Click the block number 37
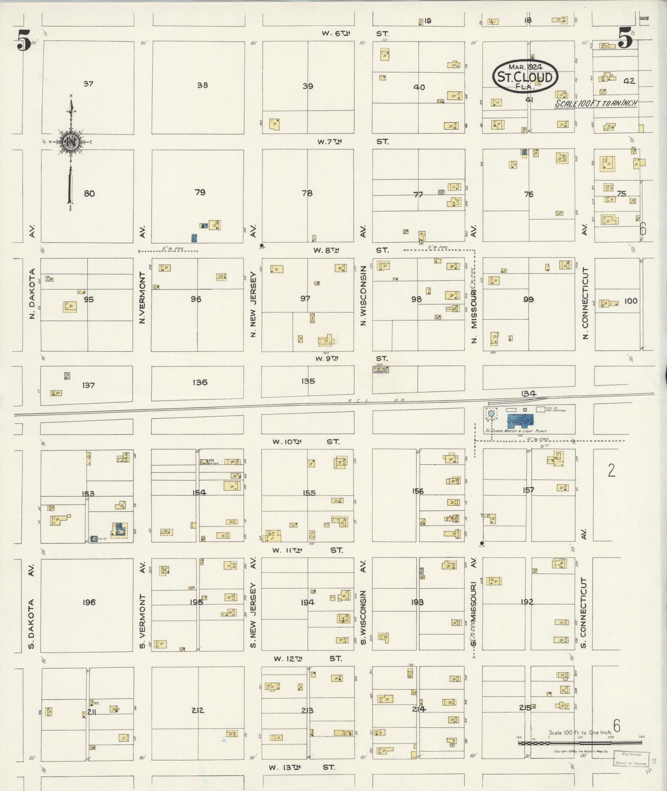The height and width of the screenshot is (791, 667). coord(88,84)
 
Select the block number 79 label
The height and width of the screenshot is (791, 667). coord(199,192)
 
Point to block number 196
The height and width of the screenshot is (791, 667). coord(89,602)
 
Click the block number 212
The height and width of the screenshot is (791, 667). coord(197,710)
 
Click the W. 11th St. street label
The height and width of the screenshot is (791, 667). coord(307,550)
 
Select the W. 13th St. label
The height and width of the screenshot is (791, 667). coord(302,767)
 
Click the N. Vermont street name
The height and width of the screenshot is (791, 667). coord(142,297)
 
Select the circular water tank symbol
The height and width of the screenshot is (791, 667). coord(491,414)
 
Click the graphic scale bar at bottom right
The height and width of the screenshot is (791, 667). coord(579,743)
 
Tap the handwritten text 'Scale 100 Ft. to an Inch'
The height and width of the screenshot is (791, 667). coord(595,103)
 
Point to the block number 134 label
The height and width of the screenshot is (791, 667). coord(528,394)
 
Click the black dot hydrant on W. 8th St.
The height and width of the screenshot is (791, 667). coord(262,246)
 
